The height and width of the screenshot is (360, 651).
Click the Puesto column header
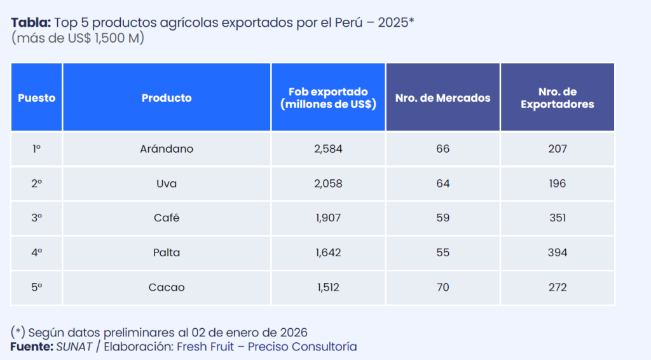pyautogui.click(x=36, y=98)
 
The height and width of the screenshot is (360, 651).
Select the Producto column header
pyautogui.click(x=167, y=98)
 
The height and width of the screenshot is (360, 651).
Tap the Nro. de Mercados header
pyautogui.click(x=442, y=98)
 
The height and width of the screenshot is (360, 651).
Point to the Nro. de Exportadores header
pyautogui.click(x=557, y=98)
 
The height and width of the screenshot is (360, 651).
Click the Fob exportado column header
pyautogui.click(x=328, y=98)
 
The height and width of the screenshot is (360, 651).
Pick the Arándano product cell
pyautogui.click(x=167, y=149)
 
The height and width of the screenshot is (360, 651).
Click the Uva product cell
pyautogui.click(x=167, y=184)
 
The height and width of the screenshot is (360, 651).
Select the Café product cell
pyautogui.click(x=167, y=218)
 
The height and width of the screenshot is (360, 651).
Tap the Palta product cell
pyautogui.click(x=167, y=253)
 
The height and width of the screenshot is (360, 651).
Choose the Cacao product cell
pyautogui.click(x=167, y=287)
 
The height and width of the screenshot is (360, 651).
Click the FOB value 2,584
pyautogui.click(x=328, y=149)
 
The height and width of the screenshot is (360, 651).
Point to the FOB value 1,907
pyautogui.click(x=328, y=218)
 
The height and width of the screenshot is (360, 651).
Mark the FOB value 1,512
pyautogui.click(x=328, y=287)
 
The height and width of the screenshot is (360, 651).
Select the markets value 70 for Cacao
pyautogui.click(x=442, y=287)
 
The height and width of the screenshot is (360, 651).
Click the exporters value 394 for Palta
pyautogui.click(x=557, y=253)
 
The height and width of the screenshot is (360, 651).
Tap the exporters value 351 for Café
pyautogui.click(x=557, y=218)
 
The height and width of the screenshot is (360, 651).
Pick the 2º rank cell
pyautogui.click(x=36, y=184)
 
